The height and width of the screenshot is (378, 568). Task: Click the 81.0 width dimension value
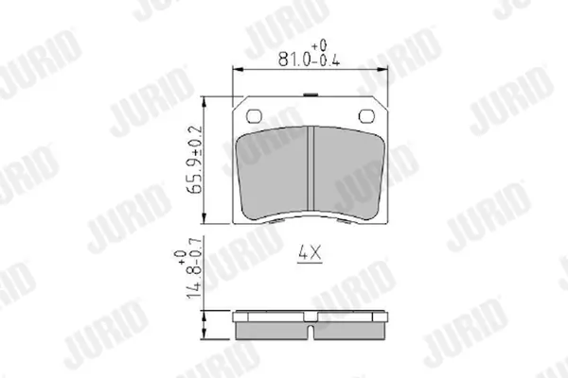(x=293, y=60)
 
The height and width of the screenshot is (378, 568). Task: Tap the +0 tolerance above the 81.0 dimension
(x=319, y=45)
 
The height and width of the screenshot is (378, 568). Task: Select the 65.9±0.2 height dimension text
(x=195, y=160)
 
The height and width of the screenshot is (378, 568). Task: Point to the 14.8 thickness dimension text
(x=195, y=286)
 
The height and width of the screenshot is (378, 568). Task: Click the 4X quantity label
(x=310, y=252)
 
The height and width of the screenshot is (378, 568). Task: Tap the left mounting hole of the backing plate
(x=254, y=116)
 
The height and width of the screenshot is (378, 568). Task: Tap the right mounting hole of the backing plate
(x=366, y=116)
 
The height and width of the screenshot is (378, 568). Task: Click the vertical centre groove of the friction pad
(x=311, y=168)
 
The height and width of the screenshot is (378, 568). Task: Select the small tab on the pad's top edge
(x=311, y=94)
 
